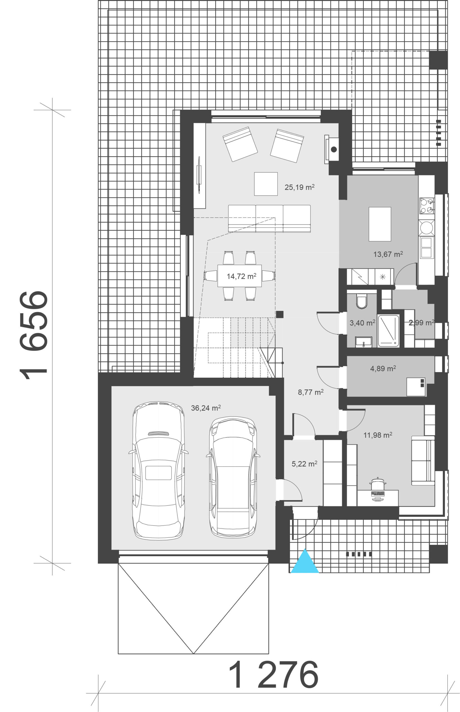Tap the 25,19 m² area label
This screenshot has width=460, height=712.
(299, 187)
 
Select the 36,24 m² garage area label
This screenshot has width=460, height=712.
(206, 408)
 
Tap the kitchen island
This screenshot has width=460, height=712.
(380, 224)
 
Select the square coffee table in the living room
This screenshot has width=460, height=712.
(266, 184)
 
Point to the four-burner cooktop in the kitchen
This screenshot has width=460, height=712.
(427, 206)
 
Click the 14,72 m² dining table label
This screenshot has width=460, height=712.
(241, 276)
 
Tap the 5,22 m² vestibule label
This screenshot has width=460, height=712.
(304, 464)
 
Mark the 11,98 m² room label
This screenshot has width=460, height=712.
(378, 435)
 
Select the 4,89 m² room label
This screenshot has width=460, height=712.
(383, 369)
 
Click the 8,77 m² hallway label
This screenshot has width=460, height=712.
(311, 392)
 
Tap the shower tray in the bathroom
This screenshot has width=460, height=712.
(388, 331)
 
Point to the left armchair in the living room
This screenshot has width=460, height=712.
(240, 144)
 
